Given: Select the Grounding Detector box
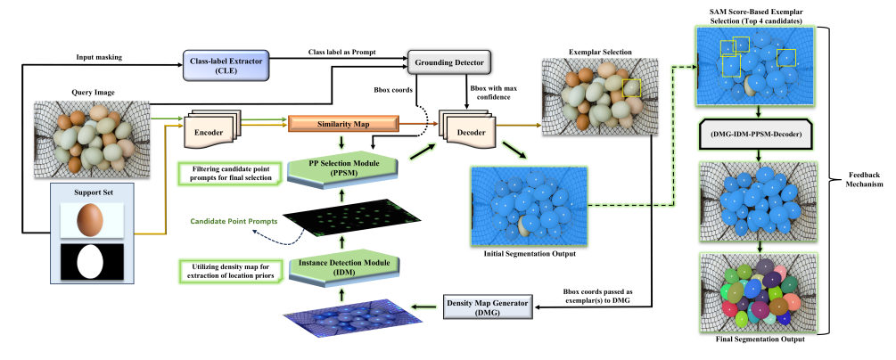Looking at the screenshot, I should [450, 62].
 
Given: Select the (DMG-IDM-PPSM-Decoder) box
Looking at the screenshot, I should [758, 135].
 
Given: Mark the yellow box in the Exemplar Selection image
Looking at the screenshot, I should [631, 87].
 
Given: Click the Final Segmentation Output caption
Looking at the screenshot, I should [758, 340].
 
